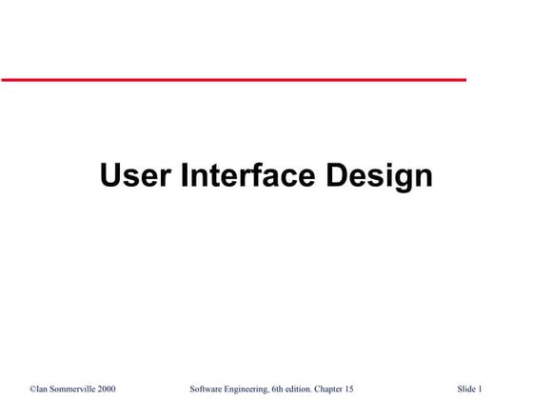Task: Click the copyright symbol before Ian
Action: pos(32,390)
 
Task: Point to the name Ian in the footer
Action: pos(43,390)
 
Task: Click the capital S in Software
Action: pos(193,390)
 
